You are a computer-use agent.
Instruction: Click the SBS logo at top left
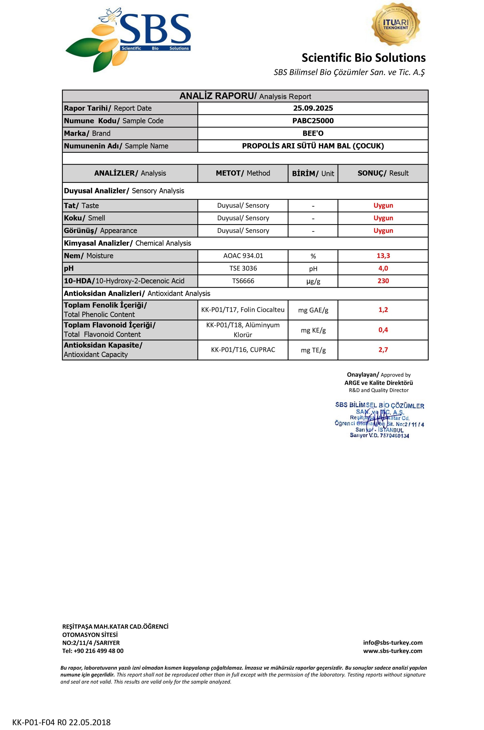(128, 40)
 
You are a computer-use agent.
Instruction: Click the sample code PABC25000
(313, 121)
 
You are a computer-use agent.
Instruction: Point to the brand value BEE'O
(313, 133)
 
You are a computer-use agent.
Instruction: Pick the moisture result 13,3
(383, 256)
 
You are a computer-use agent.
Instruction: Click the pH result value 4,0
(383, 268)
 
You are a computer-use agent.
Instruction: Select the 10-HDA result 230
(383, 281)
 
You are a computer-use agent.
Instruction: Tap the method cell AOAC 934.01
(243, 256)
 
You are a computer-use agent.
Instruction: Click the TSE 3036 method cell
(243, 268)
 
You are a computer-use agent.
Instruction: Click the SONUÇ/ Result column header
(383, 173)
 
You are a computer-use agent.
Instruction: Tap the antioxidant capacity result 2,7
(383, 350)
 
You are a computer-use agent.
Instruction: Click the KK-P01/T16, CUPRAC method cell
(243, 350)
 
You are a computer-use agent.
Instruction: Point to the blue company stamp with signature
(379, 420)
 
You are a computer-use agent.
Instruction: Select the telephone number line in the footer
(93, 651)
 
